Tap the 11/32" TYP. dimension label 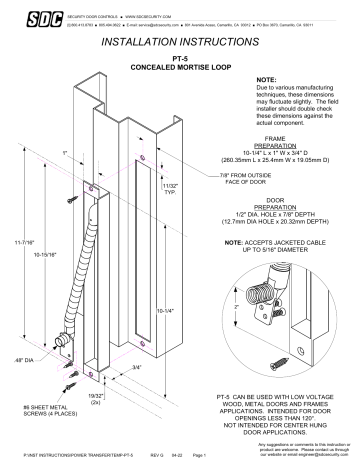coord(169,189)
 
